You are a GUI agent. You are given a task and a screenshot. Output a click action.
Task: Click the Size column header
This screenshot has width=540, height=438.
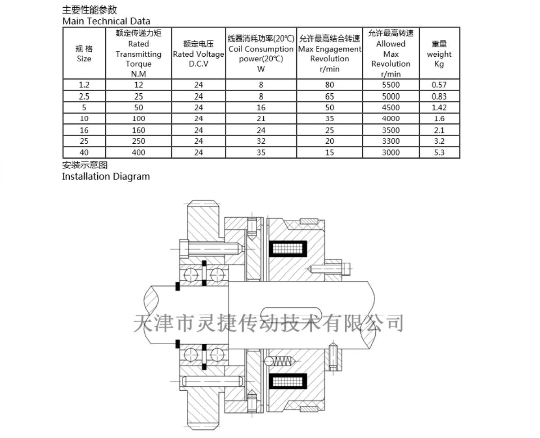(x=84, y=54)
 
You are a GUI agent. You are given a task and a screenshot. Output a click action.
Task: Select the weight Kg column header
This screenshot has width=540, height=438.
(x=439, y=54)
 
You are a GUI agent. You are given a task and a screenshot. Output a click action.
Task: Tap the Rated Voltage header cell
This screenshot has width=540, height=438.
(x=198, y=54)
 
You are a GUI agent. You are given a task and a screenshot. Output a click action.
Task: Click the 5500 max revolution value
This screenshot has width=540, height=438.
(x=391, y=85)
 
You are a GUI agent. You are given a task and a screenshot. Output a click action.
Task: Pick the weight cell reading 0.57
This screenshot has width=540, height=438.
(x=439, y=85)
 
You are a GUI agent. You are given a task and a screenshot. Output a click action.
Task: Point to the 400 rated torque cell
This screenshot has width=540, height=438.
(x=139, y=152)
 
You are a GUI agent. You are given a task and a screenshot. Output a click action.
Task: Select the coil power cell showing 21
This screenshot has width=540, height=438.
(x=261, y=119)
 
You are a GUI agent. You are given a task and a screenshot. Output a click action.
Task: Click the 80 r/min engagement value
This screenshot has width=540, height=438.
(x=329, y=85)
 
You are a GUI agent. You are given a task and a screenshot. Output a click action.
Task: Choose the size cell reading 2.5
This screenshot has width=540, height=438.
(x=84, y=96)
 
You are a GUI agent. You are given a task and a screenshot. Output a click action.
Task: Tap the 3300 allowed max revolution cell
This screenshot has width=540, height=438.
(x=391, y=141)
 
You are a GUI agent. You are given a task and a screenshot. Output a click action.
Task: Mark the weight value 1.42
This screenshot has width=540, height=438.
(x=439, y=108)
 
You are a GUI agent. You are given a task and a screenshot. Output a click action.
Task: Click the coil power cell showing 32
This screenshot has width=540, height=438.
(x=261, y=141)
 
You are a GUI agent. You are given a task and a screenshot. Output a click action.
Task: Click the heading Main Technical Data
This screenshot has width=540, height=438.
(x=106, y=21)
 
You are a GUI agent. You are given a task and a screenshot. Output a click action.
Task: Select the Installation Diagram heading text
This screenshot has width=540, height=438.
(x=106, y=177)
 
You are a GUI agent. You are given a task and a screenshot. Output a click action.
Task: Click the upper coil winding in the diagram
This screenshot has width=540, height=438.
(x=288, y=248)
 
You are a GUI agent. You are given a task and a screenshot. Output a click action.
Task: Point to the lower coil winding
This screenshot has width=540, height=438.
(x=288, y=381)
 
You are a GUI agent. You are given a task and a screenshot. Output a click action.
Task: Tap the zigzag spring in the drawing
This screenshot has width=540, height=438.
(x=283, y=361)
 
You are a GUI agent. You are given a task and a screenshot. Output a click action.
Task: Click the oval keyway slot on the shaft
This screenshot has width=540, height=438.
(x=291, y=315)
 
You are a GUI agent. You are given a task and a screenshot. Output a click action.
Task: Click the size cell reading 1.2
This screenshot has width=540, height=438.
(x=84, y=85)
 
